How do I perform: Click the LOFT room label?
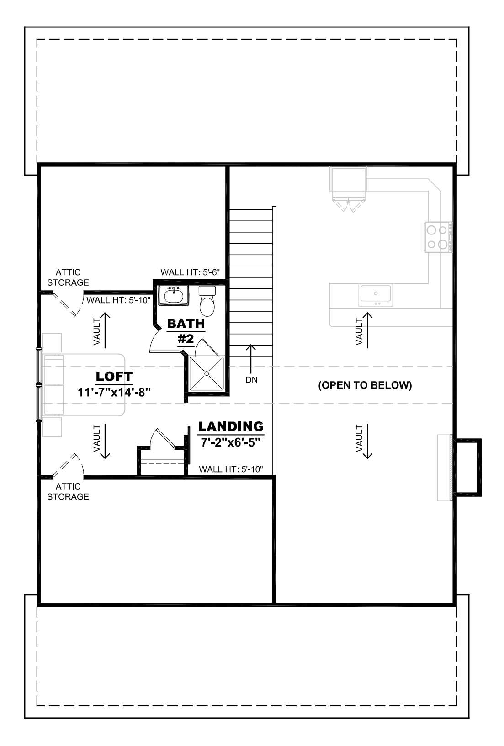click(x=114, y=377)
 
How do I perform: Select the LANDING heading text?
click(x=231, y=426)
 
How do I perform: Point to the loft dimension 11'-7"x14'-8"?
click(x=114, y=392)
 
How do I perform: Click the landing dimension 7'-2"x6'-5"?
click(x=231, y=442)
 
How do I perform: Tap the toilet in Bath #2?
click(x=207, y=301)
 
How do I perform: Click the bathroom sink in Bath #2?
click(x=174, y=295)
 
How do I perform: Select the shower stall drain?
click(x=207, y=373)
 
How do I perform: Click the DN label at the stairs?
click(x=251, y=380)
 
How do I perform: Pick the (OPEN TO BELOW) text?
click(x=365, y=385)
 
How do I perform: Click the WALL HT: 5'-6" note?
click(x=190, y=272)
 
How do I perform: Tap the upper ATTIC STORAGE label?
click(x=68, y=277)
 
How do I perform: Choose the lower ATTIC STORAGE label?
click(x=68, y=491)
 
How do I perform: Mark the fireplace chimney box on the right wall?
click(x=468, y=466)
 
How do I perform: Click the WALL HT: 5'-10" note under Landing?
click(x=231, y=469)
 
